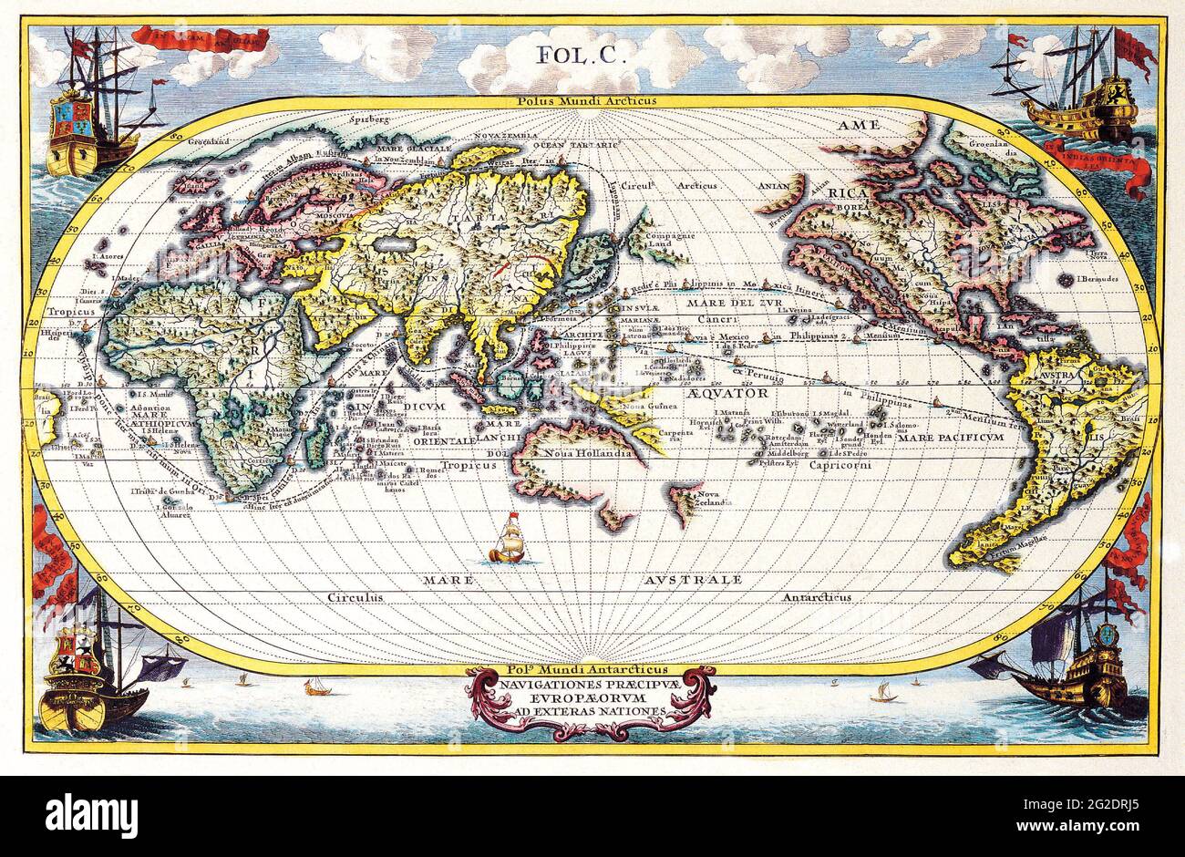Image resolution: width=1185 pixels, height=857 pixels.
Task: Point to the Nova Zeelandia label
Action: click(715, 498)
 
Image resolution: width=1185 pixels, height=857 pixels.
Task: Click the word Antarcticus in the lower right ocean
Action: click(817, 597)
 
